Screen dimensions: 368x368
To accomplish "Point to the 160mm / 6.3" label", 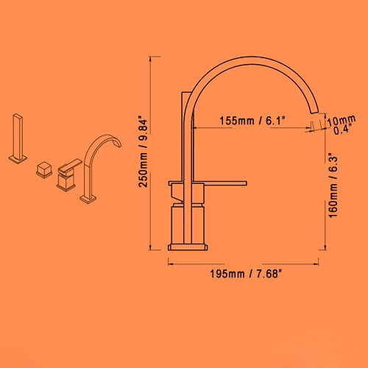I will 333,184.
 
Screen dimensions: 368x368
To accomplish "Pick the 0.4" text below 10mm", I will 342,130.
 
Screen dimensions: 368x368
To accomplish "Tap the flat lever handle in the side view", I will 218,180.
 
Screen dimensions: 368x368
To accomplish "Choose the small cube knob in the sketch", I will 43,171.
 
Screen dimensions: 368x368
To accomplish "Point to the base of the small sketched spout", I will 88,198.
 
